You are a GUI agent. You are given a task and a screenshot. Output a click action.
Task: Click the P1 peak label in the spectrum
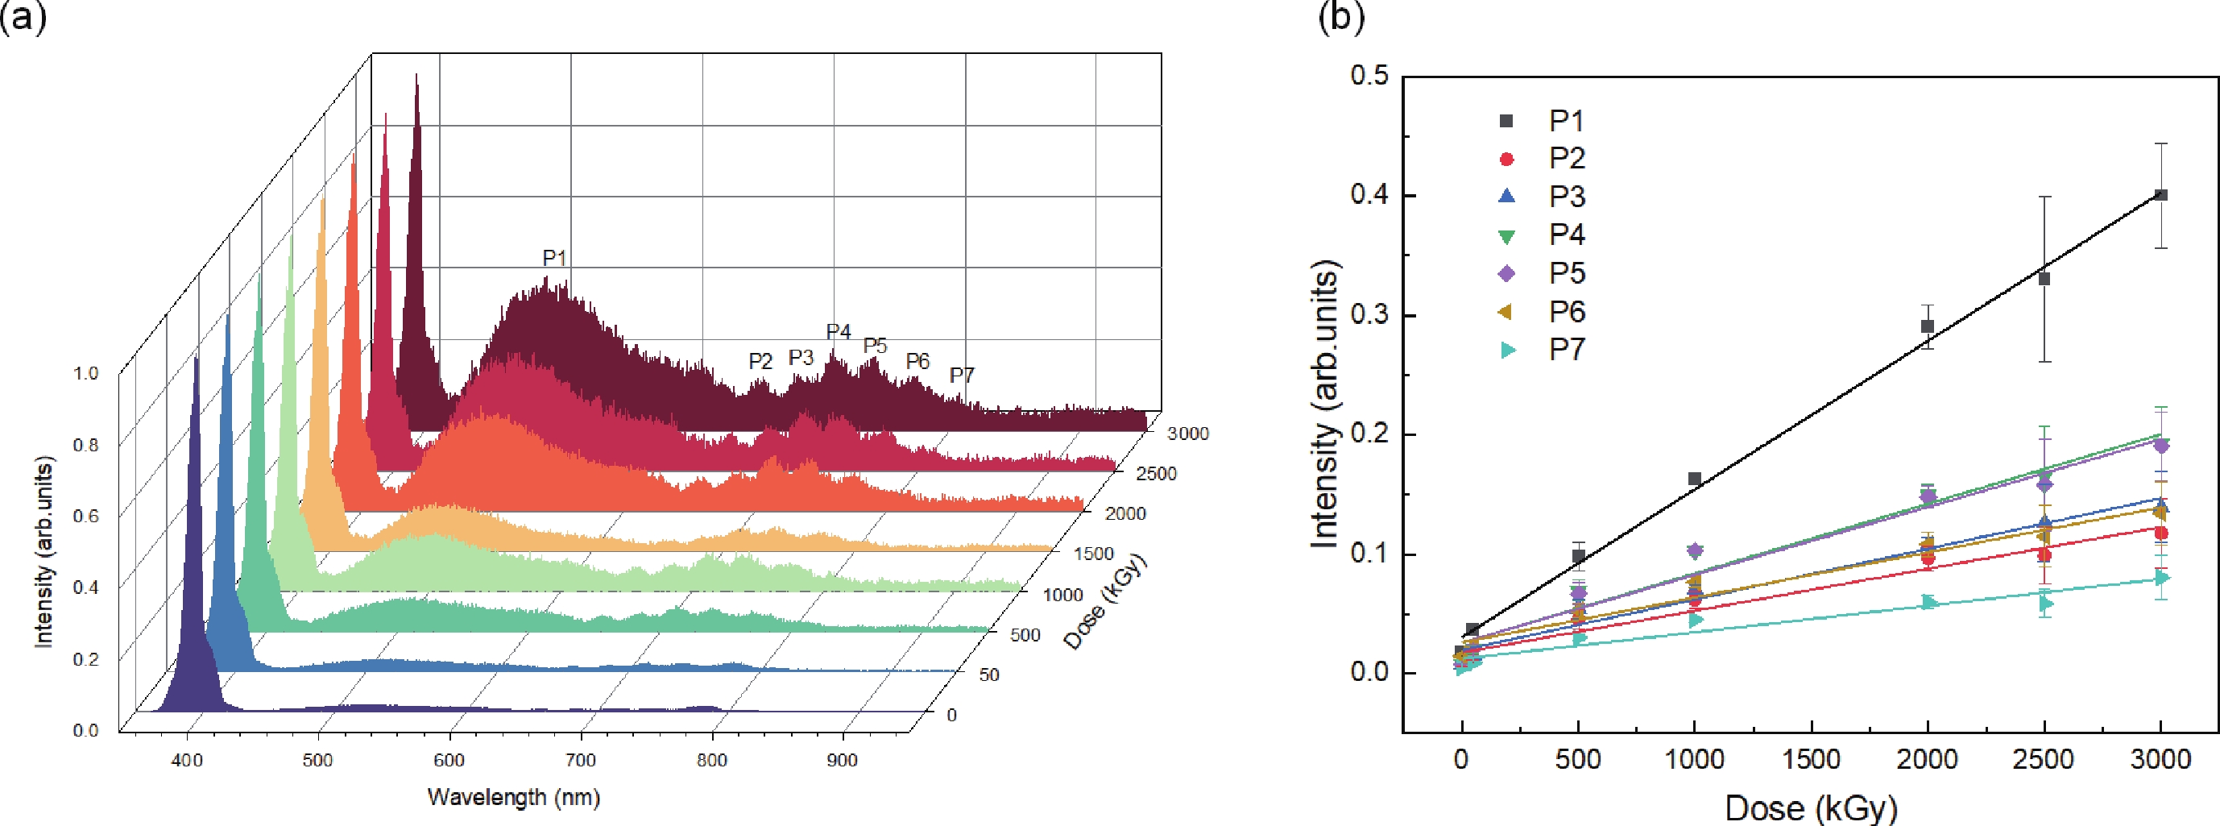(x=554, y=258)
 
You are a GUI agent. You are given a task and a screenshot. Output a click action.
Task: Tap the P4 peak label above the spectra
(x=838, y=332)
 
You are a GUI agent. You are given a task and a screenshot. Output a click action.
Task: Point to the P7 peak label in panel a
(x=962, y=376)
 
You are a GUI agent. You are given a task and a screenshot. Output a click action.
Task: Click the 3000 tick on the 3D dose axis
(x=1187, y=434)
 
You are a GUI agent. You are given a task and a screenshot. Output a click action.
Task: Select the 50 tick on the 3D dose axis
(x=988, y=675)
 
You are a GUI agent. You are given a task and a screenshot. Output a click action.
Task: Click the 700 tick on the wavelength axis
(x=581, y=761)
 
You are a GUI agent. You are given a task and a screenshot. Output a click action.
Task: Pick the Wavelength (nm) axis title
(x=514, y=797)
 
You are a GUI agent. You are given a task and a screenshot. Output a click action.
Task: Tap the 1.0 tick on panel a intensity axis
(x=85, y=373)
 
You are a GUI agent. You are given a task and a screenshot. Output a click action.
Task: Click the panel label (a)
(x=23, y=17)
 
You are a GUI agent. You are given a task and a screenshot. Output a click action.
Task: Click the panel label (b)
(x=1341, y=17)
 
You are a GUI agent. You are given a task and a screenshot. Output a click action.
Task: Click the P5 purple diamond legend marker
(x=1506, y=273)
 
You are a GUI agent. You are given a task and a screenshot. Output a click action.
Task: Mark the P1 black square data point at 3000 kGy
(x=2160, y=195)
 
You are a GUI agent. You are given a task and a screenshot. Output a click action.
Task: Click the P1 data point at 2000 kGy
(x=1927, y=326)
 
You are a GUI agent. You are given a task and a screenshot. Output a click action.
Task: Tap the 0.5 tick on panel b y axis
(x=1369, y=76)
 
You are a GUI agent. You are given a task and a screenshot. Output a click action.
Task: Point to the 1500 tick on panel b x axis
(x=1811, y=760)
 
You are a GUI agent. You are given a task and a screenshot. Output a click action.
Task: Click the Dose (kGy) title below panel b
(x=1811, y=808)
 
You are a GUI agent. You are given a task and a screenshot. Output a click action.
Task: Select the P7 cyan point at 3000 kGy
(x=2160, y=578)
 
